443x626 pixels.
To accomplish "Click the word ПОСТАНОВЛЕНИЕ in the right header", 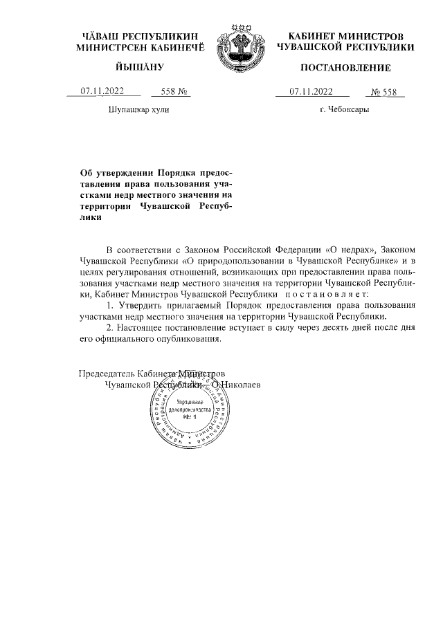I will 345,68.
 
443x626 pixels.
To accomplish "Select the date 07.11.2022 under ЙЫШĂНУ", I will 102,91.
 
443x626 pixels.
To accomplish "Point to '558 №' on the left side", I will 174,91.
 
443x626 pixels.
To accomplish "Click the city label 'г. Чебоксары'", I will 344,110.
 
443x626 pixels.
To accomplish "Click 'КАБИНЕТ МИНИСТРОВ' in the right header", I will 345,36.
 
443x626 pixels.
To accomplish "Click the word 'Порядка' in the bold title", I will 178,173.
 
